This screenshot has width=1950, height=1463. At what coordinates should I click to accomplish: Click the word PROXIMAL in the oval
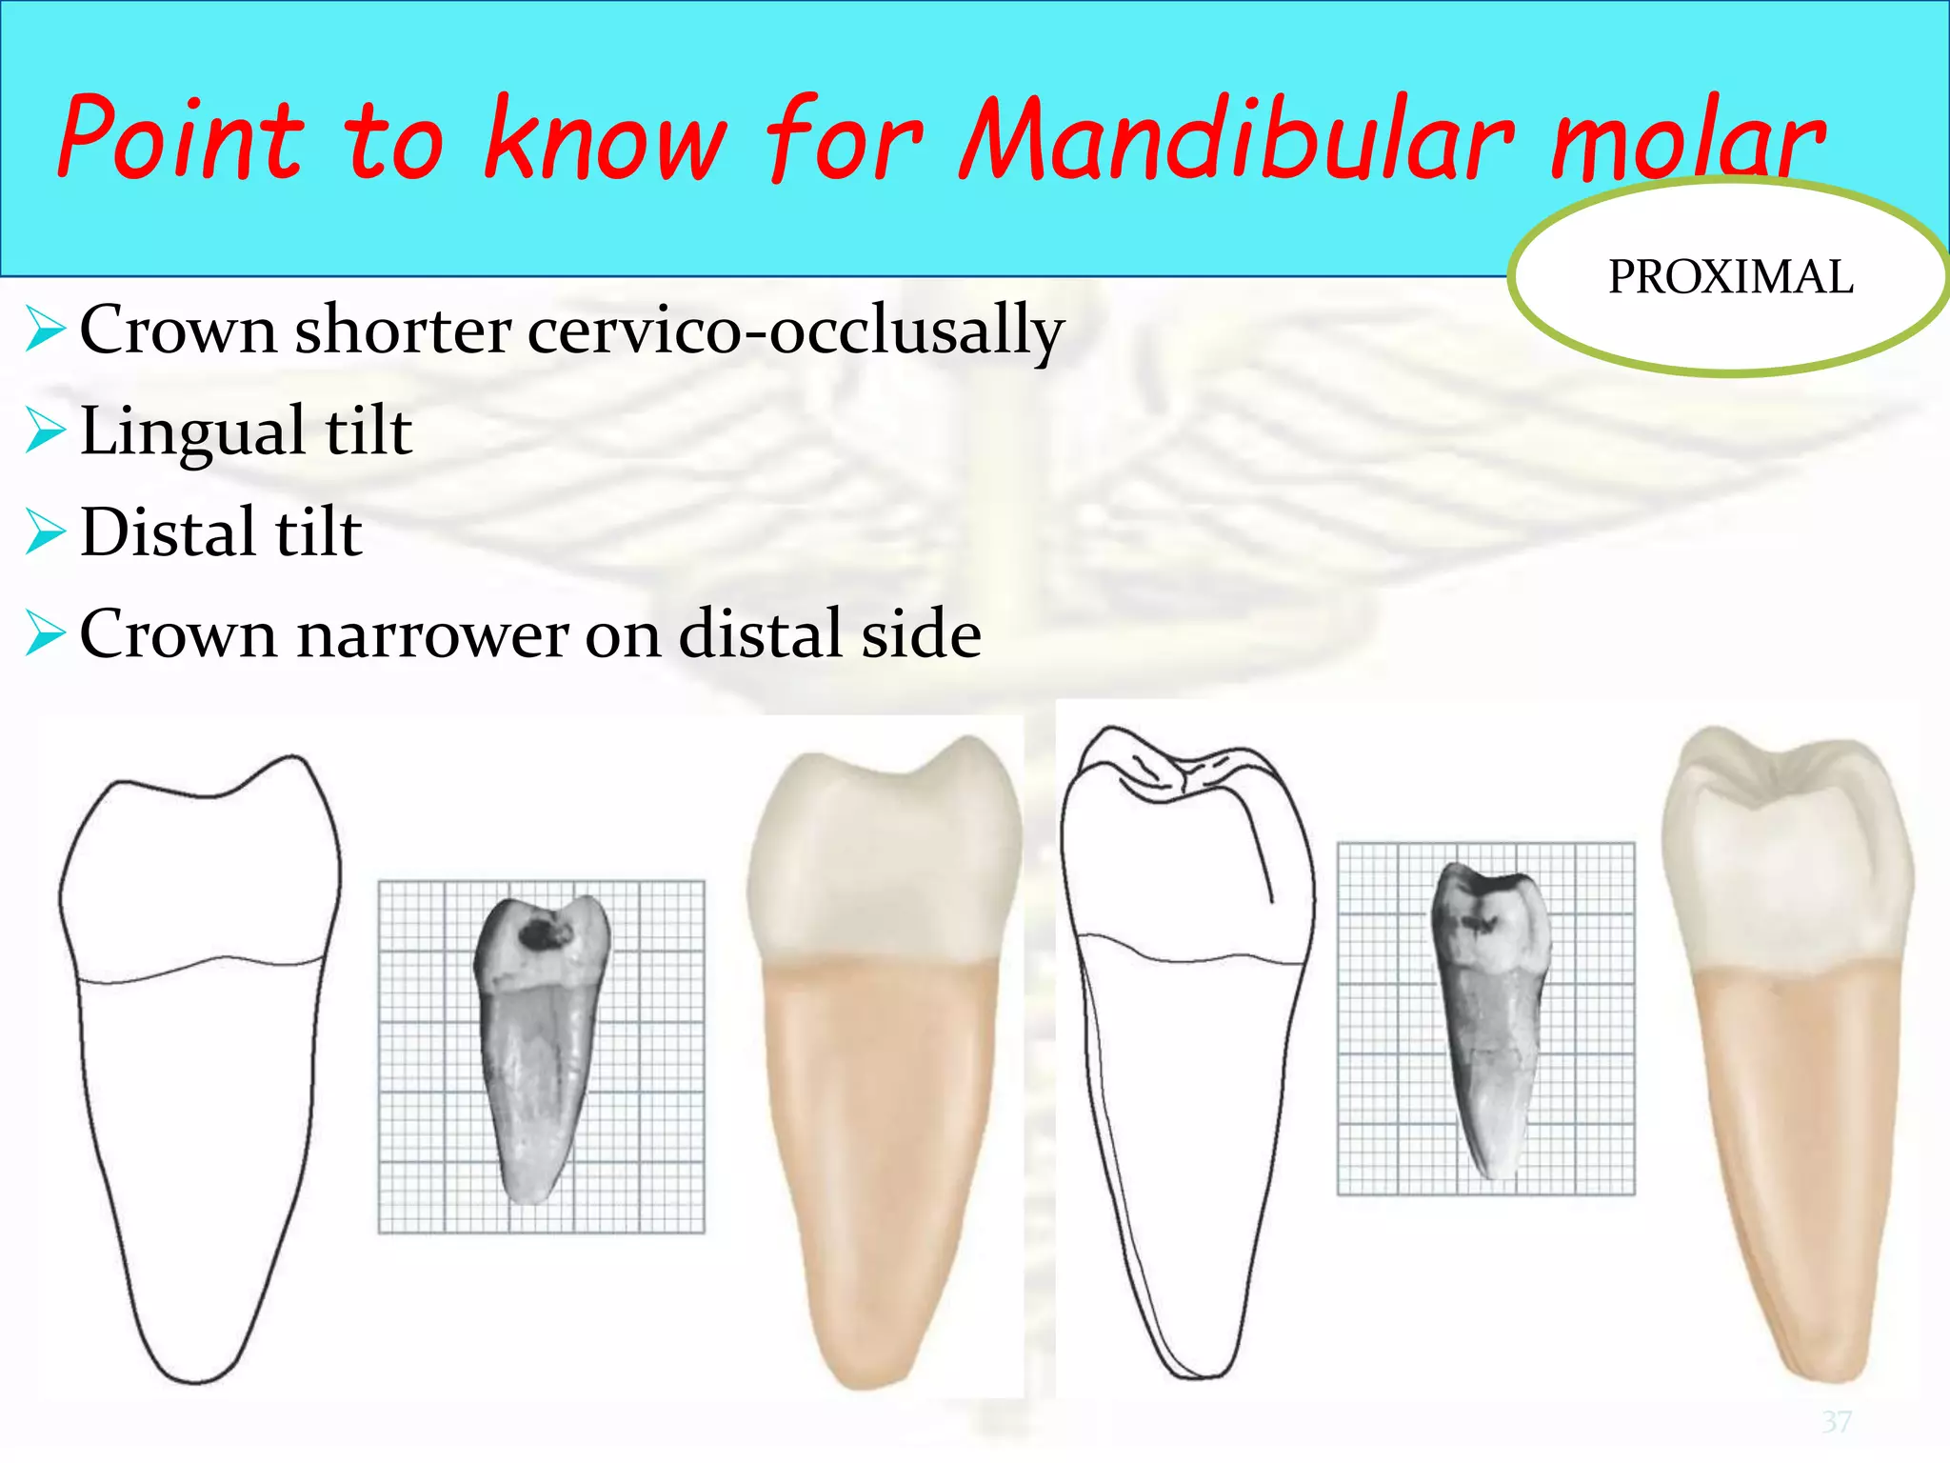click(x=1730, y=277)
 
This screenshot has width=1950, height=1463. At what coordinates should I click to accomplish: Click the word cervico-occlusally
click(x=795, y=331)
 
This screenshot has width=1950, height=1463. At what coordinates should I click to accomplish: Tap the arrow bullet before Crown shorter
click(x=46, y=330)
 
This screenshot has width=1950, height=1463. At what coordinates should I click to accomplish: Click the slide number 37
click(x=1837, y=1421)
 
